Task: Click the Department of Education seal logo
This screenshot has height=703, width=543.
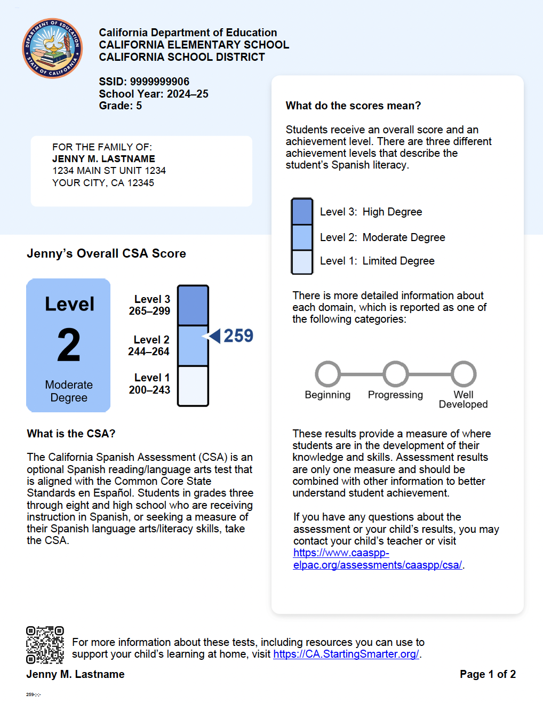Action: (52, 48)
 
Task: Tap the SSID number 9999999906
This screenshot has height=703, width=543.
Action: (159, 82)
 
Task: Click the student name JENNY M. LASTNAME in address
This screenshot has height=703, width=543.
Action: (103, 159)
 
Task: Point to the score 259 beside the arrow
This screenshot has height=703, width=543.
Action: (238, 336)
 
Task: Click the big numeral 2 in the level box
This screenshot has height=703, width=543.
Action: (69, 346)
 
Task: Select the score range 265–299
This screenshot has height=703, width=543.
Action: (149, 311)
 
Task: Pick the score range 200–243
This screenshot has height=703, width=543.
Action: (149, 390)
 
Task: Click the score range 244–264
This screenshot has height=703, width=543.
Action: (149, 351)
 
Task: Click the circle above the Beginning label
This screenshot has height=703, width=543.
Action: (328, 374)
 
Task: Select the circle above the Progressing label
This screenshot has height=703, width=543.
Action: (396, 374)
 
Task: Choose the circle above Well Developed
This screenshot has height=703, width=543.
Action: (464, 374)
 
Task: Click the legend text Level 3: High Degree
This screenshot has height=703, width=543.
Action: (371, 212)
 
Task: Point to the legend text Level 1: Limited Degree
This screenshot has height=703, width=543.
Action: (377, 261)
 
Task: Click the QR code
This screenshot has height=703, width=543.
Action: (45, 645)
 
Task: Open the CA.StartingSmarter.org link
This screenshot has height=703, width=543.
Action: (346, 654)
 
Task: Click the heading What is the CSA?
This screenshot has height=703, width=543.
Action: (71, 434)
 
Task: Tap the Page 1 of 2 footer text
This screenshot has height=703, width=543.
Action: (488, 674)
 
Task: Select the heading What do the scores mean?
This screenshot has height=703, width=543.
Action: (353, 106)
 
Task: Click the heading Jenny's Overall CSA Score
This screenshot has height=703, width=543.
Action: (106, 253)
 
